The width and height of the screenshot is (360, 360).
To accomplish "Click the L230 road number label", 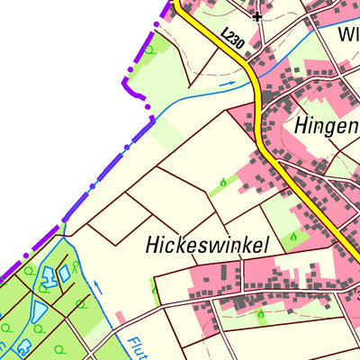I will pyautogui.click(x=232, y=37).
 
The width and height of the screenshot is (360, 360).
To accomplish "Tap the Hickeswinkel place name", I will pyautogui.click(x=195, y=245).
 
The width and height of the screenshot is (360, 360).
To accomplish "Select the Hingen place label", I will pyautogui.click(x=326, y=125).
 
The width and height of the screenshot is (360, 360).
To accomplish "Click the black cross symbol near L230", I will pyautogui.click(x=257, y=16).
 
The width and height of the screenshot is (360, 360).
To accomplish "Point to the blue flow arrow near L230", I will pyautogui.click(x=225, y=84).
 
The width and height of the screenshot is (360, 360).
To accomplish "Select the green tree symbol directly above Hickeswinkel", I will pyautogui.click(x=223, y=184).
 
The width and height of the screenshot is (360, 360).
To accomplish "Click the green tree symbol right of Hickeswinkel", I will pyautogui.click(x=292, y=238).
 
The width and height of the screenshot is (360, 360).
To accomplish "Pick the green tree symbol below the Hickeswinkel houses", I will pyautogui.click(x=260, y=314).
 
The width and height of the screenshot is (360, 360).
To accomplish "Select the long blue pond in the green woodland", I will pyautogui.click(x=39, y=311).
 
